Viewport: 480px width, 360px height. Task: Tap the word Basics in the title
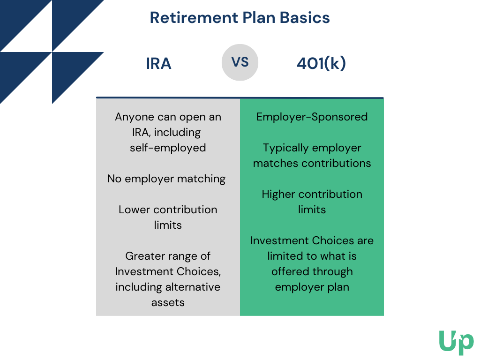click(x=305, y=18)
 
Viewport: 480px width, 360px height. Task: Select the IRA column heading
click(x=158, y=64)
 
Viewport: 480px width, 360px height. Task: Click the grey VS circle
click(x=240, y=62)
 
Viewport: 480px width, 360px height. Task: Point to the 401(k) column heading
click(x=322, y=64)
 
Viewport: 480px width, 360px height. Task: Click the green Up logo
click(x=456, y=343)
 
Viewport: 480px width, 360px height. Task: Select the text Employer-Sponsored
click(x=312, y=117)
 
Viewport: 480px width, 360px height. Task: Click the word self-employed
click(x=168, y=148)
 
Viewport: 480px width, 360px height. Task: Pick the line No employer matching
click(x=166, y=179)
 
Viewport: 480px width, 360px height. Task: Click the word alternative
click(x=193, y=287)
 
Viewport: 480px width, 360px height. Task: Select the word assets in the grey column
click(x=168, y=302)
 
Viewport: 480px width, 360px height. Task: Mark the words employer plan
click(x=312, y=287)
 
